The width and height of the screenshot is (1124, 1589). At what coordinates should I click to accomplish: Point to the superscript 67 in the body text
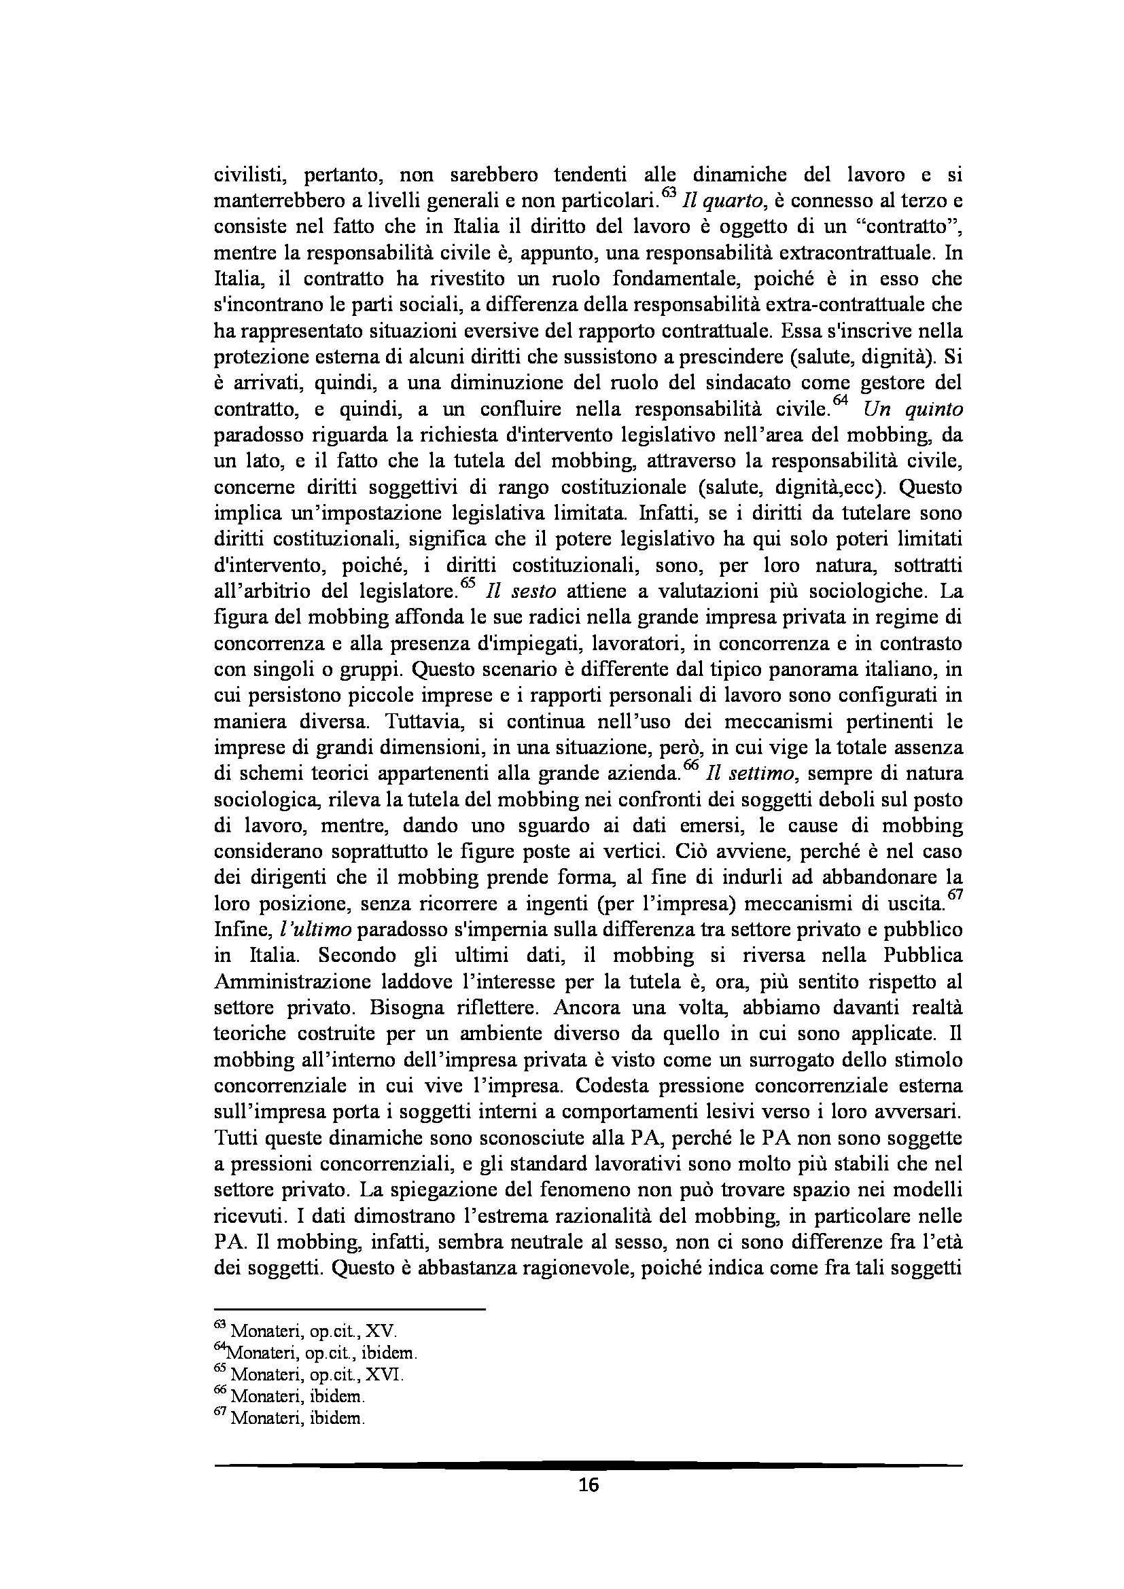(954, 897)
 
